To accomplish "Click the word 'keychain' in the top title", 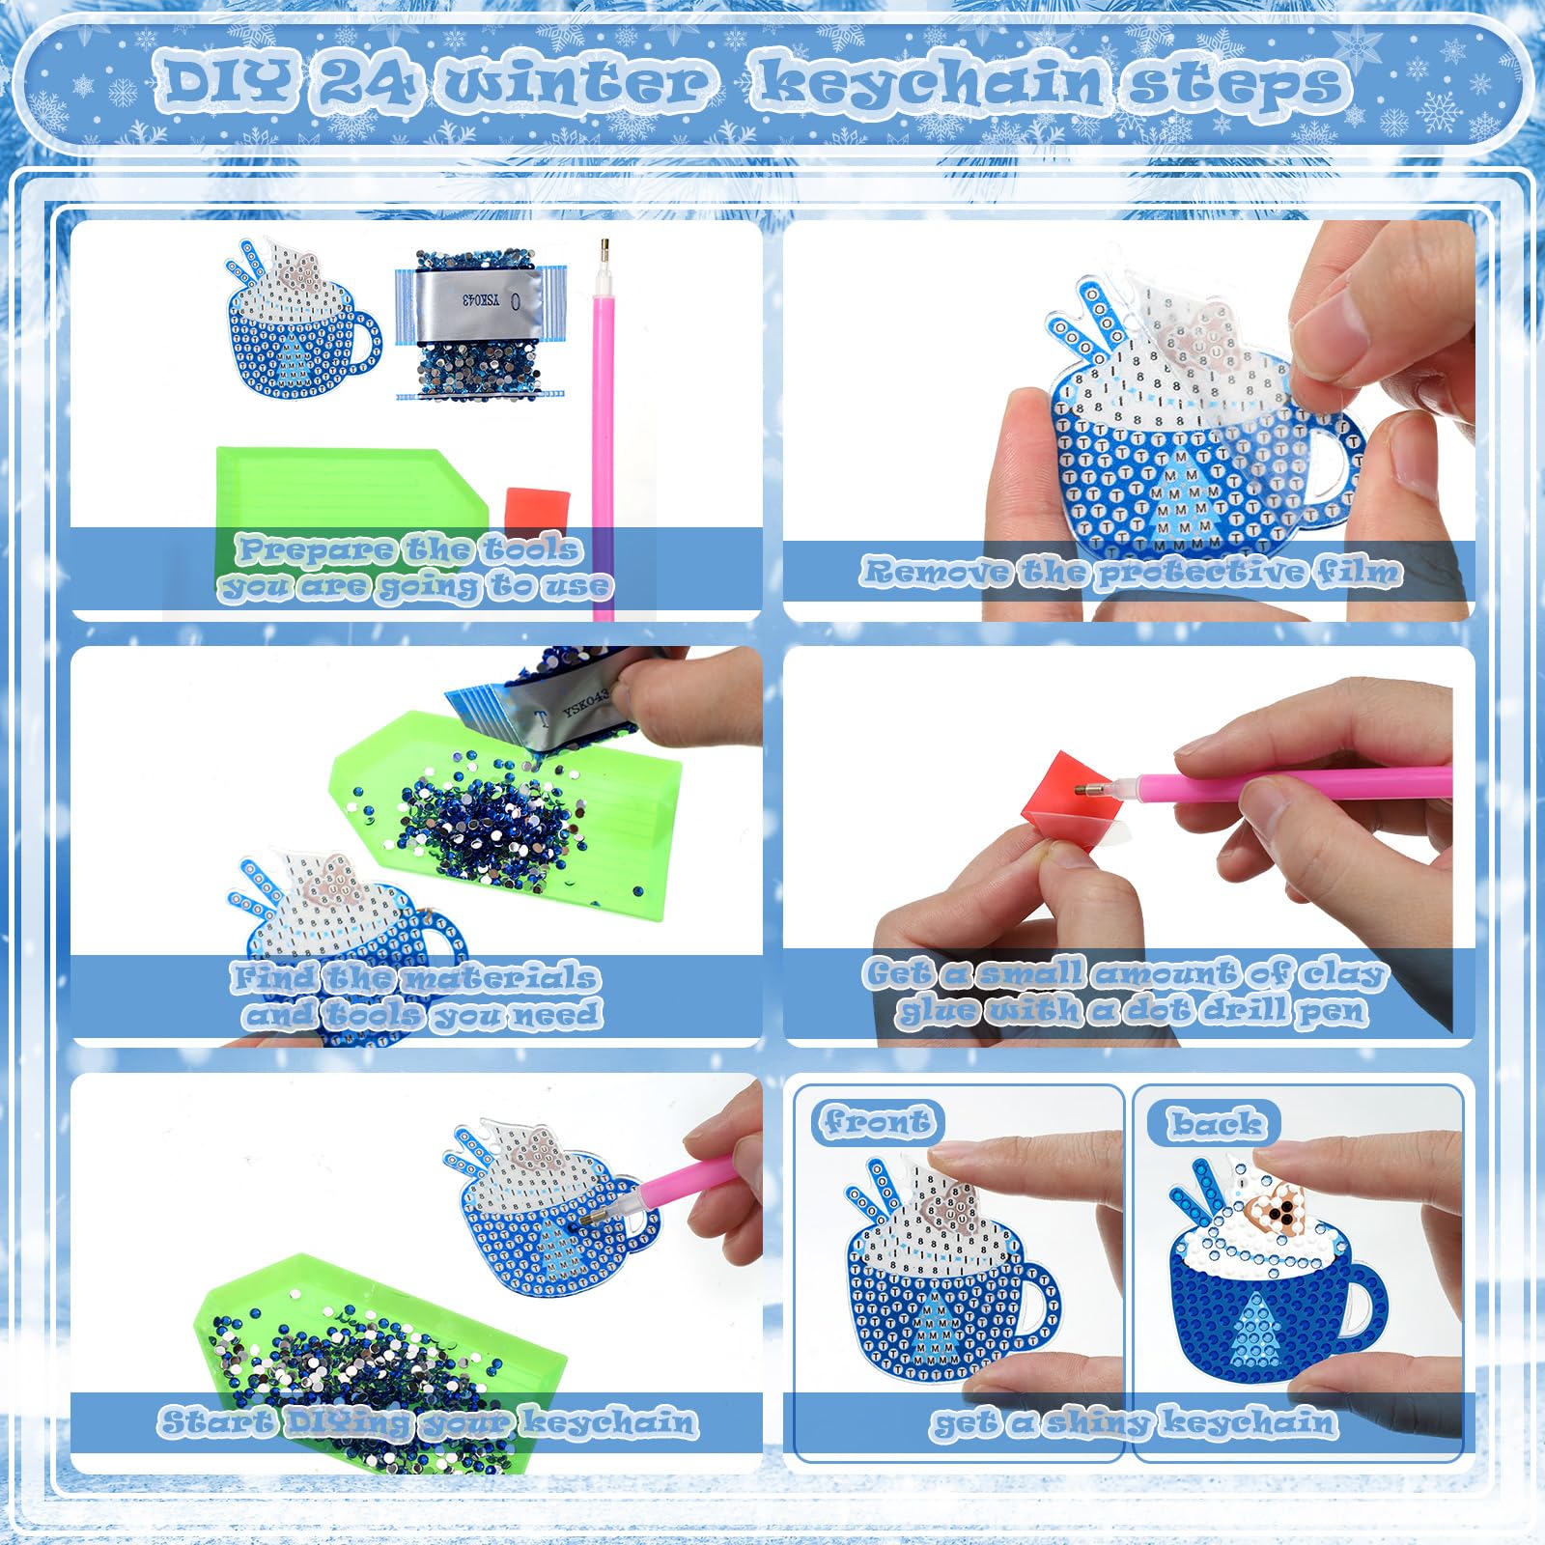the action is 926,83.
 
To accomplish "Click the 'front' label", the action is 877,1122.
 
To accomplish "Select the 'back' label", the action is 1215,1124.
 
